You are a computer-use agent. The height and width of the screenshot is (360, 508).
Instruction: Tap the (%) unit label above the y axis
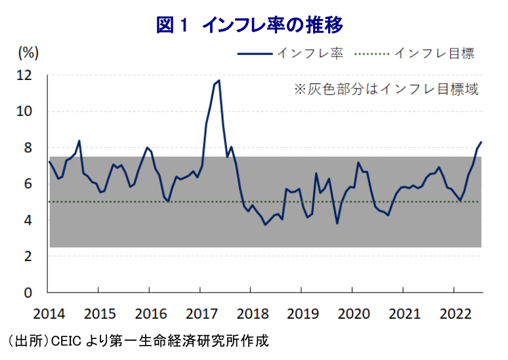click(x=29, y=52)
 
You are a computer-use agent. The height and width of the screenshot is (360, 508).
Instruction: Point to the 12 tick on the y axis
click(x=24, y=75)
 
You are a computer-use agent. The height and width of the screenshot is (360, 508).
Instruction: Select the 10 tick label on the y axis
click(x=24, y=111)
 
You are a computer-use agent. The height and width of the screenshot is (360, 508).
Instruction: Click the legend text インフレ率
click(x=310, y=53)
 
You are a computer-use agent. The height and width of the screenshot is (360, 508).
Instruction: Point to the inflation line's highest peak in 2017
click(x=219, y=81)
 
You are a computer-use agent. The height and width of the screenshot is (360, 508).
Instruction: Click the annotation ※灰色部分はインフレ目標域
click(x=385, y=89)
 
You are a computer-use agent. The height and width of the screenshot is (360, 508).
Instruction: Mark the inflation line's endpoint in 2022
click(x=481, y=142)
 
